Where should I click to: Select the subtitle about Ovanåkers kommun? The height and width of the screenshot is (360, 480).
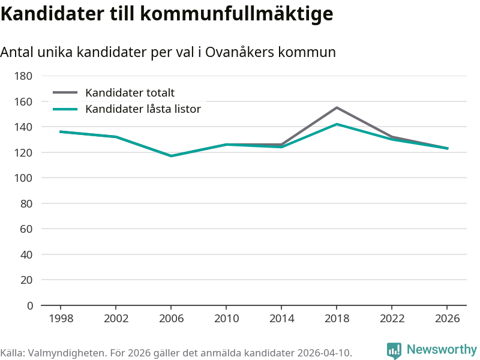click(168, 52)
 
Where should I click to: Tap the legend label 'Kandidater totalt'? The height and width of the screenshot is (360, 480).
click(130, 92)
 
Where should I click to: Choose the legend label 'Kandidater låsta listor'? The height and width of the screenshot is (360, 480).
click(143, 109)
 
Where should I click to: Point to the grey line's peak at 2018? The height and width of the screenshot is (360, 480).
click(337, 107)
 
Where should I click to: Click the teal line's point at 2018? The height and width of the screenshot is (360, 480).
click(337, 124)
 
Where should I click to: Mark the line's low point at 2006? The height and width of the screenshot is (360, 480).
click(171, 156)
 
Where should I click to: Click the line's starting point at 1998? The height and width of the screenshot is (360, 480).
click(61, 131)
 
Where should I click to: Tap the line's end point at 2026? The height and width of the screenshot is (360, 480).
click(448, 148)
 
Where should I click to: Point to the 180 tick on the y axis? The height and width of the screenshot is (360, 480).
click(23, 76)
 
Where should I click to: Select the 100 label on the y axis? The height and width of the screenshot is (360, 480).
click(23, 178)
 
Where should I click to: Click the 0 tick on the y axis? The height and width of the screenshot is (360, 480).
click(29, 305)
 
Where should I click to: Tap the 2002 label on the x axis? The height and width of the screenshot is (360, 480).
click(116, 319)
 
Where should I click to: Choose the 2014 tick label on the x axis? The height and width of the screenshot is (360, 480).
click(281, 319)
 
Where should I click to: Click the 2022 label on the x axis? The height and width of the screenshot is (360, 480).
click(392, 319)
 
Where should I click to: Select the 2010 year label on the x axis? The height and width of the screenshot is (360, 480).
click(226, 319)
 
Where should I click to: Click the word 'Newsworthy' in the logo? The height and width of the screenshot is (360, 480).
click(442, 349)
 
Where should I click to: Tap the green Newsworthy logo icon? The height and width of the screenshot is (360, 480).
click(394, 350)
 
